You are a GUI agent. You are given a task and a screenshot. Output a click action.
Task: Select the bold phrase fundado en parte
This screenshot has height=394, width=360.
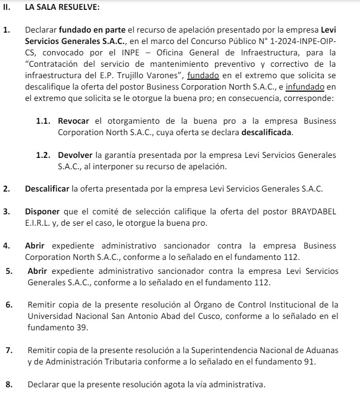coord(85,30)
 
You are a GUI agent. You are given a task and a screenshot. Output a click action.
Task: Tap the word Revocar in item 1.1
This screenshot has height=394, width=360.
coord(73,121)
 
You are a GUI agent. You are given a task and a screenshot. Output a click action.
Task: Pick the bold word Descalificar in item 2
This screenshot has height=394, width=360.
coord(47,188)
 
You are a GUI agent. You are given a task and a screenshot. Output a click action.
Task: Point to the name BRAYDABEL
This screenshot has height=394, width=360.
coord(314,212)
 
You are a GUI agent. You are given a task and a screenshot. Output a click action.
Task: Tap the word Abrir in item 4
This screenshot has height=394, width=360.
coord(35,245)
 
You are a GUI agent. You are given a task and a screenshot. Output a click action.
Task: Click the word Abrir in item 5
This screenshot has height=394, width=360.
coord(38,271)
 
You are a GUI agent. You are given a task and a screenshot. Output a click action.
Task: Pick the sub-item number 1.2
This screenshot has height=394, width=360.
coord(43,155)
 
